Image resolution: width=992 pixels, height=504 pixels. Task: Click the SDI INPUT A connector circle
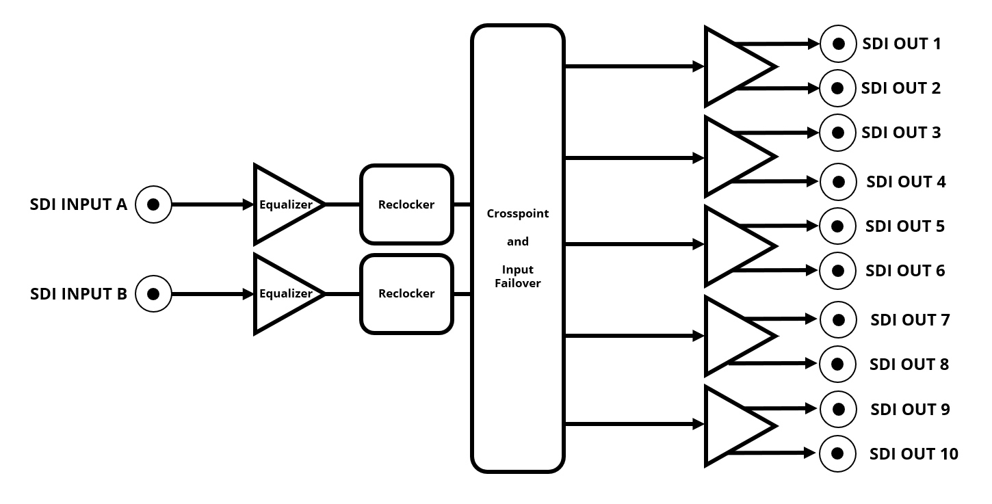pyautogui.click(x=153, y=204)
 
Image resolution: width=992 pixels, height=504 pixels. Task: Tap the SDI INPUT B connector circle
pyautogui.click(x=153, y=293)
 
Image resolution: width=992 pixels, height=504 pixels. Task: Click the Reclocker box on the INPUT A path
pyautogui.click(x=406, y=204)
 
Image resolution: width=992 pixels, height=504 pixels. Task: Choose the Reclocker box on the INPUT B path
pyautogui.click(x=406, y=293)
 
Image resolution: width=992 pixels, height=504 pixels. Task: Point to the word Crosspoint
pyautogui.click(x=518, y=213)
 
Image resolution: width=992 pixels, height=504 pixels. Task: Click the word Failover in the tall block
pyautogui.click(x=518, y=283)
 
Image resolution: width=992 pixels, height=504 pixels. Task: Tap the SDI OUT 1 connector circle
pyautogui.click(x=837, y=44)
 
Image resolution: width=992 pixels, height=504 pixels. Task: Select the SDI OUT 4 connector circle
pyautogui.click(x=837, y=182)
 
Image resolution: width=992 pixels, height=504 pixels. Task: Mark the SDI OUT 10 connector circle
pyautogui.click(x=837, y=453)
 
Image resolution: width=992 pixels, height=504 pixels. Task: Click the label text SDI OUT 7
pyautogui.click(x=910, y=319)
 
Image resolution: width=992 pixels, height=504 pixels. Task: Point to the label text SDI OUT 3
pyautogui.click(x=901, y=133)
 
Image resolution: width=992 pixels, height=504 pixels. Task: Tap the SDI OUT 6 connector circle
pyautogui.click(x=837, y=270)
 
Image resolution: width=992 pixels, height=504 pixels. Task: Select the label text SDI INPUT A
pyautogui.click(x=79, y=204)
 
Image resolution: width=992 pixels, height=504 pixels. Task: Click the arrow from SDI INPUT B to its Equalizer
pyautogui.click(x=212, y=294)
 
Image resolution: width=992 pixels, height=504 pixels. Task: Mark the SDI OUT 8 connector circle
pyautogui.click(x=837, y=364)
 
